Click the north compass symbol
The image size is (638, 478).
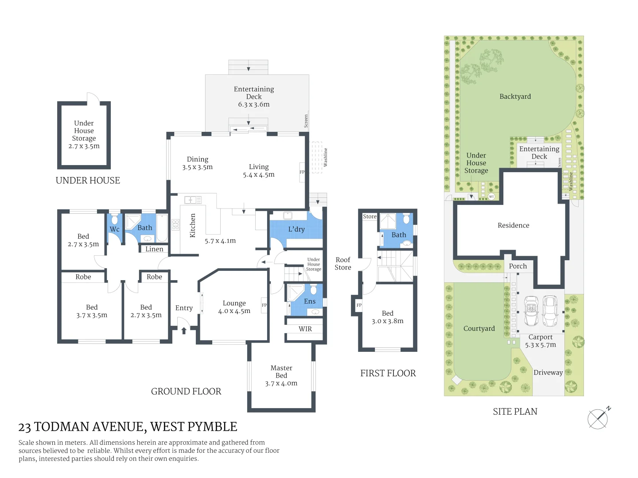pyautogui.click(x=598, y=418)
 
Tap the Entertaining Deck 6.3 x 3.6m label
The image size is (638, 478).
pyautogui.click(x=254, y=96)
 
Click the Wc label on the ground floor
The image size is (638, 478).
pyautogui.click(x=115, y=229)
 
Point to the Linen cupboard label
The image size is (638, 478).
pyautogui.click(x=154, y=249)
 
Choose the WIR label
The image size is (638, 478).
pyautogui.click(x=305, y=329)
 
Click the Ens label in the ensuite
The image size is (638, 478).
pyautogui.click(x=310, y=301)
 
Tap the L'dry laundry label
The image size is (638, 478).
pyautogui.click(x=296, y=229)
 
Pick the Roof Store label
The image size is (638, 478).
pyautogui.click(x=343, y=263)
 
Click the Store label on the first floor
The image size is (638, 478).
pyautogui.click(x=370, y=216)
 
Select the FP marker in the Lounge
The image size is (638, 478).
pyautogui.click(x=265, y=305)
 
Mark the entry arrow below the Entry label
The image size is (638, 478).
pyautogui.click(x=184, y=331)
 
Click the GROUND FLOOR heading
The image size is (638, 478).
pyautogui.click(x=186, y=391)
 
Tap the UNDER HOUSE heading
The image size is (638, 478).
pyautogui.click(x=88, y=181)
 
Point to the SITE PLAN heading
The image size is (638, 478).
pyautogui.click(x=515, y=412)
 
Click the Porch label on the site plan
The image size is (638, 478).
pyautogui.click(x=518, y=266)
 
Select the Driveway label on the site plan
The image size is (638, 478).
pyautogui.click(x=548, y=373)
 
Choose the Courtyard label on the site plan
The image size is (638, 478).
pyautogui.click(x=479, y=328)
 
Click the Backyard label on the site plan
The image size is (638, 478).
pyautogui.click(x=515, y=96)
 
